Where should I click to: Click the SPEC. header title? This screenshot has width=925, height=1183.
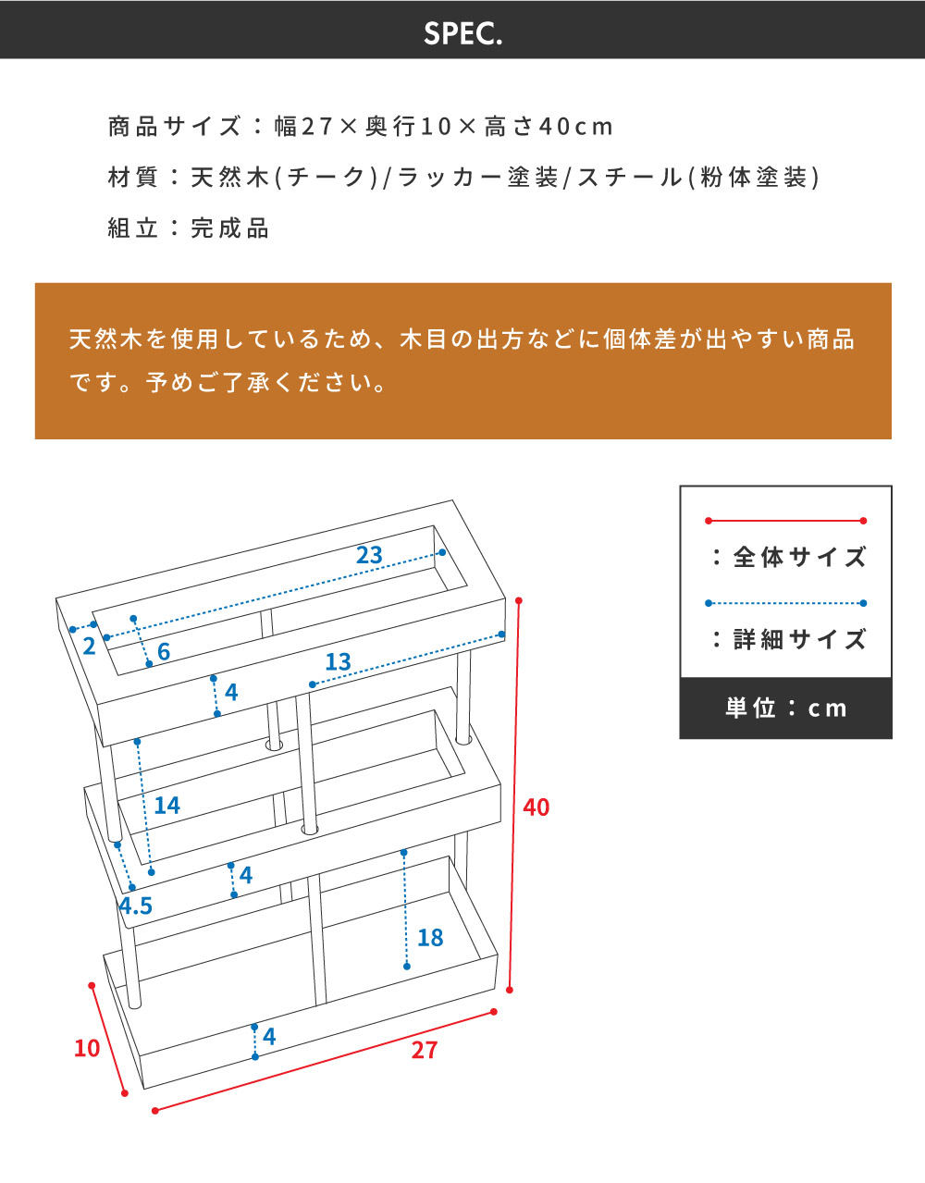[x=462, y=33]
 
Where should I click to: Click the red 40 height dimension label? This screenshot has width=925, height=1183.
[x=536, y=807]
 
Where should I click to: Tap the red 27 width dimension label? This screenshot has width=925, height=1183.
[x=424, y=1051]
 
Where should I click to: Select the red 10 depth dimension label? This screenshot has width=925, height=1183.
[x=87, y=1049]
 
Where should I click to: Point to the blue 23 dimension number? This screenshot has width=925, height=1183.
[x=369, y=555]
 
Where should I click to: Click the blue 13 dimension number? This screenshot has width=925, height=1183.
[x=338, y=662]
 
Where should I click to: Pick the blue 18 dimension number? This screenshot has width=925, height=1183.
[x=430, y=938]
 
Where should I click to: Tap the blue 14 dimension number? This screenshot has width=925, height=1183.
[x=166, y=806]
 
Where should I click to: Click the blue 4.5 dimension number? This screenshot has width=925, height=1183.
[x=136, y=906]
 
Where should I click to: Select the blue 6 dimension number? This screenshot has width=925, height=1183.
[x=164, y=652]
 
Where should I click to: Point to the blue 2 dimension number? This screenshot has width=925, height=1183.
[x=89, y=647]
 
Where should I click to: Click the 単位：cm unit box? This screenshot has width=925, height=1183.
[x=785, y=709]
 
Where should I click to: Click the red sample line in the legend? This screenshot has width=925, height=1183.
[x=785, y=521]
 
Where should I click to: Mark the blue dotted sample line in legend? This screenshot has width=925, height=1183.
[x=785, y=603]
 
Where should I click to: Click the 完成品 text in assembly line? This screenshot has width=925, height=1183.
[x=229, y=228]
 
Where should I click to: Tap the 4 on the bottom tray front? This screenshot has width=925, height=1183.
[x=269, y=1037]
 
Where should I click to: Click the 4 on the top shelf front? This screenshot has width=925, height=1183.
[x=231, y=692]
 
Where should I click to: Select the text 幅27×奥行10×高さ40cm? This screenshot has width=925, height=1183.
[x=444, y=127]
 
